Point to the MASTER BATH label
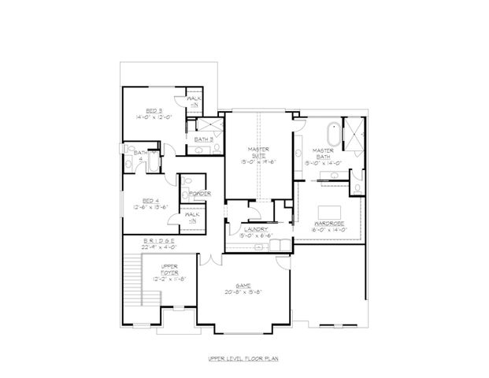pos(323,153)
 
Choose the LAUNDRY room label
pos(257,228)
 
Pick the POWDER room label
pos(198,193)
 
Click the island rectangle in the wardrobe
pos(328,210)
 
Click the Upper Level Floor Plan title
pos(245,358)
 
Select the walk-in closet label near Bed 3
pos(194,100)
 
